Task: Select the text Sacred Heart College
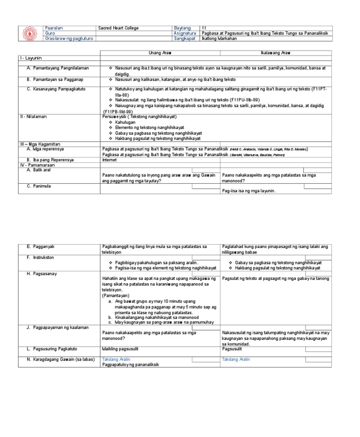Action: [x=118, y=28]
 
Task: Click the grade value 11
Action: [x=203, y=28]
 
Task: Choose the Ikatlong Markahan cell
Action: [x=219, y=38]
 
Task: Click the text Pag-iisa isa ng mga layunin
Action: [x=249, y=191]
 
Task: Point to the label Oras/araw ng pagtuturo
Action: [x=68, y=38]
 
